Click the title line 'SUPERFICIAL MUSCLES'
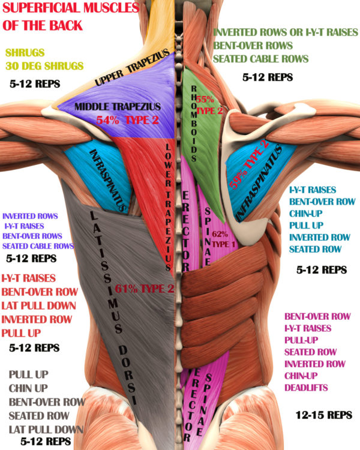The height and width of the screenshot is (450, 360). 71,8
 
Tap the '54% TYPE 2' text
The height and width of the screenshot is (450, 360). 127,120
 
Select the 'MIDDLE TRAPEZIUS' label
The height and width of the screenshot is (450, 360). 118,107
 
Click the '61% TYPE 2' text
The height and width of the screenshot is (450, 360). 145,289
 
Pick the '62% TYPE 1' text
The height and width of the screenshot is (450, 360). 223,239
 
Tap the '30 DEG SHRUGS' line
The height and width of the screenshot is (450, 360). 44,66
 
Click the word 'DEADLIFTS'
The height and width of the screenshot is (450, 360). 306,388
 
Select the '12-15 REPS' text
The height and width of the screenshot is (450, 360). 324,415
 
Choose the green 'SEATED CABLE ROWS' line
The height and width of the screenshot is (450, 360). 260,59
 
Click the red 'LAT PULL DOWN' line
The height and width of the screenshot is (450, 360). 39,305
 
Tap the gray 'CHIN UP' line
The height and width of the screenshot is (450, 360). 28,388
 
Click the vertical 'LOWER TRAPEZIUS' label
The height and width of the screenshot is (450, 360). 168,207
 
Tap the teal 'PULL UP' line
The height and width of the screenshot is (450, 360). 307,226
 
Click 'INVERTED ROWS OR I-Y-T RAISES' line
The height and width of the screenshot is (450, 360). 286,32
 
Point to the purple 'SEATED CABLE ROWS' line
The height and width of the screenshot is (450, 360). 38,246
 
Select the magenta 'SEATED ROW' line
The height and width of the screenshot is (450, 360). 310,352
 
